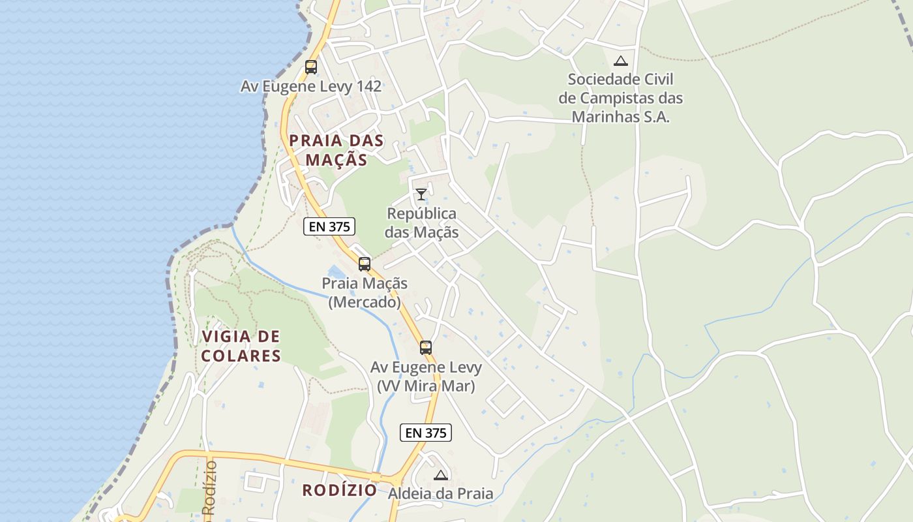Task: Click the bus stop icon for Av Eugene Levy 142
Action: coord(311,67)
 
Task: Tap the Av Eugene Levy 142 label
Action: coord(311,86)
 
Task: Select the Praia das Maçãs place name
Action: coord(337,150)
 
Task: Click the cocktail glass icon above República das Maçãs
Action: coord(421,194)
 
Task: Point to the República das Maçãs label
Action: coord(421,223)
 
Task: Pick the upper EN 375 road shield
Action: coord(329,227)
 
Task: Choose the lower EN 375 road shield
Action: coord(426,433)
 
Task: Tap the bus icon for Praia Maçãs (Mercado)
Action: coord(365,264)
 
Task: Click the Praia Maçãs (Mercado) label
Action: coord(365,293)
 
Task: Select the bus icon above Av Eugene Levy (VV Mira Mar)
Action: coord(426,348)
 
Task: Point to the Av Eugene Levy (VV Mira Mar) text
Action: coord(426,376)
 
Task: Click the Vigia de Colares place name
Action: coord(241,346)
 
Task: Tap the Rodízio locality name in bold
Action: coord(339,490)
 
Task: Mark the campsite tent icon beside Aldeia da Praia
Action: coord(441,475)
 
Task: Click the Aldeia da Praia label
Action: coord(441,493)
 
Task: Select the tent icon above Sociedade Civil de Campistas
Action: coord(621,61)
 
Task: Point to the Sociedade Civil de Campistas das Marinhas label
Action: coord(621,98)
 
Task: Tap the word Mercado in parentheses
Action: coord(365,303)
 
